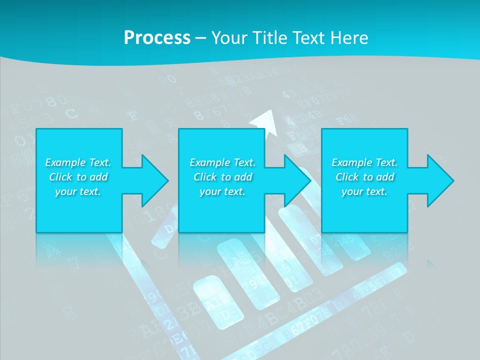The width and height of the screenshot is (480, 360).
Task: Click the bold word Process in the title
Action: pos(157,38)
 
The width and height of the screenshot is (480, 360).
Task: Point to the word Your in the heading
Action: pos(228,38)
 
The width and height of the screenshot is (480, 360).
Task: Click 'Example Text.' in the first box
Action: pos(78,162)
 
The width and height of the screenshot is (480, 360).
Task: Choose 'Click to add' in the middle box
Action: pos(222,177)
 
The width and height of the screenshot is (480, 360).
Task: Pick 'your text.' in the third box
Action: pos(364,191)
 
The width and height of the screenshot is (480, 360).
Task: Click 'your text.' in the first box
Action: pos(78,191)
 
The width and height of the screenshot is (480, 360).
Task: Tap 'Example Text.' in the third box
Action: pos(364,162)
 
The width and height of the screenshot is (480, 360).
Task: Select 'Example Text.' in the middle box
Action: pos(222,162)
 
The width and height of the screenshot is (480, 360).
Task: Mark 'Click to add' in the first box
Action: pos(78,177)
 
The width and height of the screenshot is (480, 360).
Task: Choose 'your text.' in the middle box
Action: pos(222,191)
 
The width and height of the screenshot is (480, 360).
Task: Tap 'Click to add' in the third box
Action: pos(364,177)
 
